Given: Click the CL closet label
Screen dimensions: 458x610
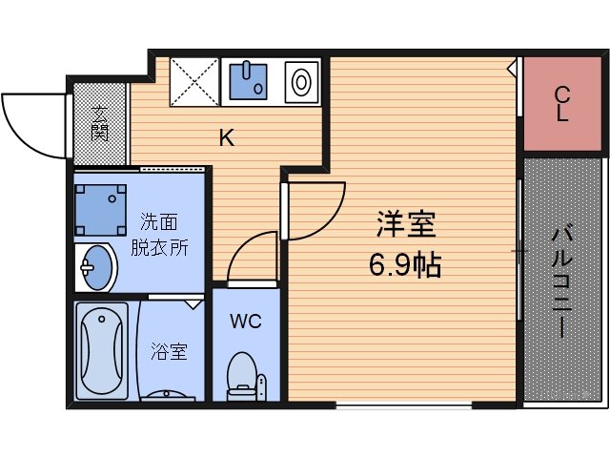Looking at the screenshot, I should (x=562, y=104).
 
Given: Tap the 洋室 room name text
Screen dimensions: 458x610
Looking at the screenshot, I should (x=406, y=226).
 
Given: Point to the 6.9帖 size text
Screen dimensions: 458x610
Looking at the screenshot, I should (x=405, y=264).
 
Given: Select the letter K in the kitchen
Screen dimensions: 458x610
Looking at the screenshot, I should (x=226, y=138).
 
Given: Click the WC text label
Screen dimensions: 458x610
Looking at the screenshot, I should (x=245, y=321).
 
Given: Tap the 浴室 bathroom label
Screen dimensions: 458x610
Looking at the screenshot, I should (x=169, y=351).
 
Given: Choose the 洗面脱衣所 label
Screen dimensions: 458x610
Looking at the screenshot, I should (x=159, y=235).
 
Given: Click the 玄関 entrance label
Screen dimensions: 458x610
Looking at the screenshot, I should (x=100, y=121).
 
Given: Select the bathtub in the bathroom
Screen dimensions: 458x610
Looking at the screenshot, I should (x=103, y=350).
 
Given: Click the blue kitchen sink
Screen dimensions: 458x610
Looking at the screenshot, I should (x=251, y=81).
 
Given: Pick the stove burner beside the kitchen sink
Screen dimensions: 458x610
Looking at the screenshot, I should (x=302, y=81).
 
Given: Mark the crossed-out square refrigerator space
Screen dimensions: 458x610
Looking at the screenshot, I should (x=194, y=81).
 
